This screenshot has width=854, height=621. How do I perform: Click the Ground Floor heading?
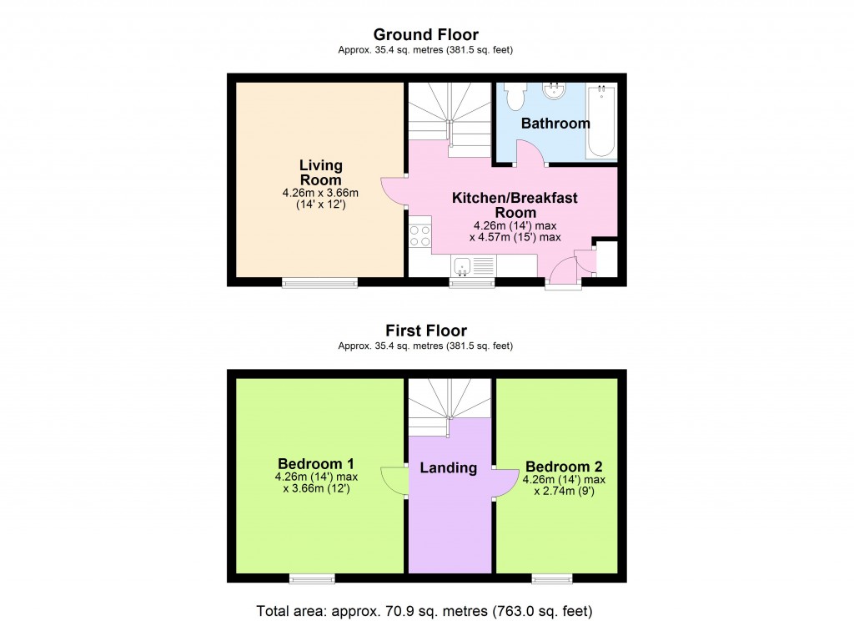tap(425, 34)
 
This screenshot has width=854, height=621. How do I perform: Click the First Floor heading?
tap(425, 331)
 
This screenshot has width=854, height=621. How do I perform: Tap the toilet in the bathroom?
tap(515, 97)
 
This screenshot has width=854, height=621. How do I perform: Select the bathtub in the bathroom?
tap(601, 121)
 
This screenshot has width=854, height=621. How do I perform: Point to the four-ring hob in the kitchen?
tap(419, 236)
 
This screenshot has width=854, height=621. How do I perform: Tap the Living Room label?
tap(320, 173)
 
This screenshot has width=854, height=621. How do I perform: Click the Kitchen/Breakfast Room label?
tap(515, 205)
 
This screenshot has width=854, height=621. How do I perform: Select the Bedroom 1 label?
tap(316, 464)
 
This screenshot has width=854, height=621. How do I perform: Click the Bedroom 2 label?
tap(564, 467)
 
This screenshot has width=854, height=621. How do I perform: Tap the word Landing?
tap(448, 467)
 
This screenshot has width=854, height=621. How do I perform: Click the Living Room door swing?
tap(393, 192)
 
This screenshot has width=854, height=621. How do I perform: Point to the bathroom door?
tap(529, 154)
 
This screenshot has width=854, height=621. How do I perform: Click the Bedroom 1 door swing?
tap(393, 481)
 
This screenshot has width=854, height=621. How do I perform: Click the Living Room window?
tap(320, 283)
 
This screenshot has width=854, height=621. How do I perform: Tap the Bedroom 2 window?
tap(552, 578)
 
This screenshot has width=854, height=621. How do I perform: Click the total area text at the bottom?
tap(425, 610)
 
